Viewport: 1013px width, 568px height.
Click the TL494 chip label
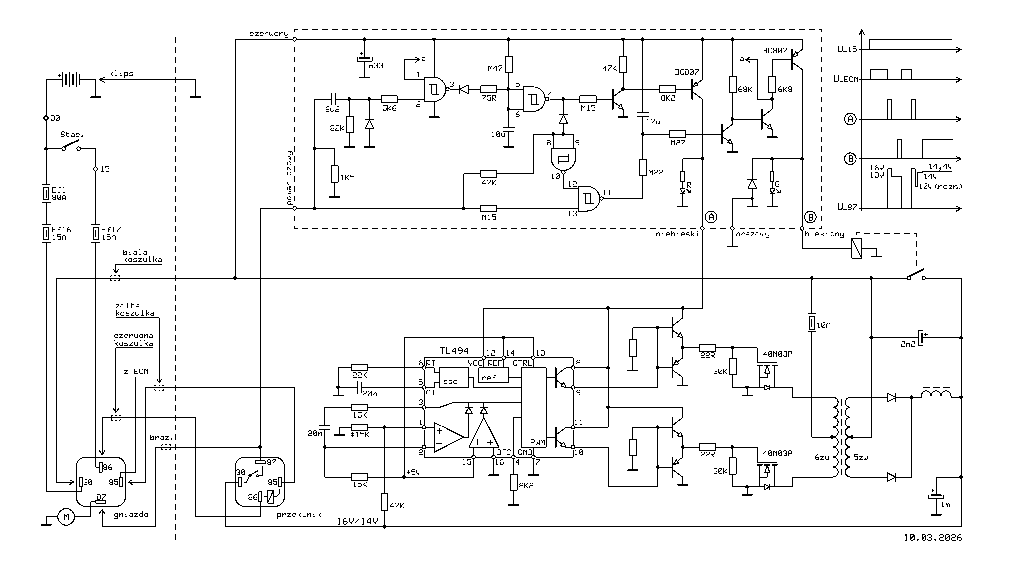pos(454,351)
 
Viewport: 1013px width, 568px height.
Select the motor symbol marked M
pos(66,517)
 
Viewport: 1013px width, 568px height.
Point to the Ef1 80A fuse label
pos(59,194)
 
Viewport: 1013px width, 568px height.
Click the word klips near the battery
pos(121,74)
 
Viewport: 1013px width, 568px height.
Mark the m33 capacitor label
pos(376,66)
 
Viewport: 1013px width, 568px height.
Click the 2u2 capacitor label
pos(332,109)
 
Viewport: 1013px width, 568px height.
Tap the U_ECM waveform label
pos(846,79)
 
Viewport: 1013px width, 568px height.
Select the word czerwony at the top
pos(269,34)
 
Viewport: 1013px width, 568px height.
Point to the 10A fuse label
pos(823,325)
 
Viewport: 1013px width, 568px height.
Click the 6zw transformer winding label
pos(822,458)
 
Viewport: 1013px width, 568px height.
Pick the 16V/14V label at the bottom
pos(357,521)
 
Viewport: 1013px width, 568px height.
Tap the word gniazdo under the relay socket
pos(131,515)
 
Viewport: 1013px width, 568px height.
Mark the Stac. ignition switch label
pos(72,135)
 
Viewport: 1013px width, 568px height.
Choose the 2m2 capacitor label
pos(908,344)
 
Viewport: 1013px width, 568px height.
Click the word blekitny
pos(824,234)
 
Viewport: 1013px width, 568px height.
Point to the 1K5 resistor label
pos(348,178)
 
